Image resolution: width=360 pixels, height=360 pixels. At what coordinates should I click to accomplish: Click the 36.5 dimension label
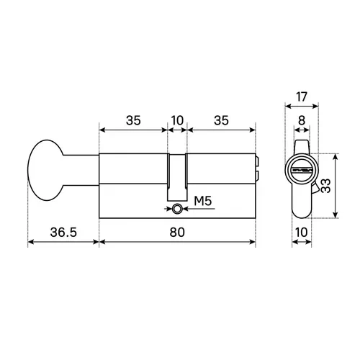click(63, 233)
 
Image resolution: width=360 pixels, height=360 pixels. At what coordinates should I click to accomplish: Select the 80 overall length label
click(177, 233)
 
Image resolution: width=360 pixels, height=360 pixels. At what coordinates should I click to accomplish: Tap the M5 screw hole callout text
click(203, 201)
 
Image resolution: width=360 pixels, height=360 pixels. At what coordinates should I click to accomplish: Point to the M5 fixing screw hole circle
click(177, 209)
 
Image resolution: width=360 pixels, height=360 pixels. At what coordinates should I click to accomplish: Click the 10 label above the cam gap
click(177, 120)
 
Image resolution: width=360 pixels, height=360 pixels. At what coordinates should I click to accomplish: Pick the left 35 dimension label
click(133, 120)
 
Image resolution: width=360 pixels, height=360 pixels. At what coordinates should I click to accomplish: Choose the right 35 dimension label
click(221, 120)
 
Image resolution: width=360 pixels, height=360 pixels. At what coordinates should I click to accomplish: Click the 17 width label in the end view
click(302, 97)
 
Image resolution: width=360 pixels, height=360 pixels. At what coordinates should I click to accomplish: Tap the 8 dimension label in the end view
click(302, 120)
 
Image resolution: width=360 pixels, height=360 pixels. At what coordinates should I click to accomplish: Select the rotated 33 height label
click(325, 186)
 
